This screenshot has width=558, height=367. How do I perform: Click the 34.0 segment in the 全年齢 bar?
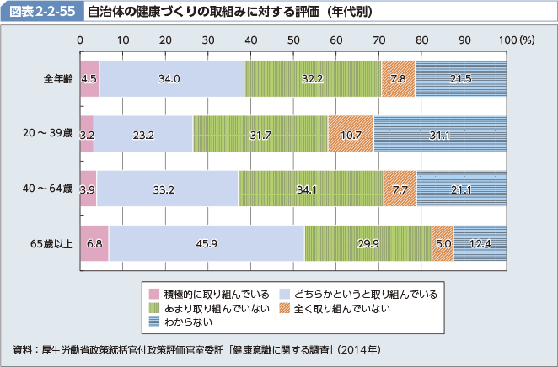click(171, 78)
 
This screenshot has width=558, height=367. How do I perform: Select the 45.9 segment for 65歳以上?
click(207, 243)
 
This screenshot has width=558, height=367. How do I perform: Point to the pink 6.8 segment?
click(94, 243)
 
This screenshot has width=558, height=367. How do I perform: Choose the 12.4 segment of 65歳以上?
click(480, 243)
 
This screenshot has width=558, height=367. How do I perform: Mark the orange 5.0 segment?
click(443, 243)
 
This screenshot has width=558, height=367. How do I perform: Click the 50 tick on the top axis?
click(293, 40)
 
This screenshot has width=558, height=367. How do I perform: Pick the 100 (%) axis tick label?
click(516, 40)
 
